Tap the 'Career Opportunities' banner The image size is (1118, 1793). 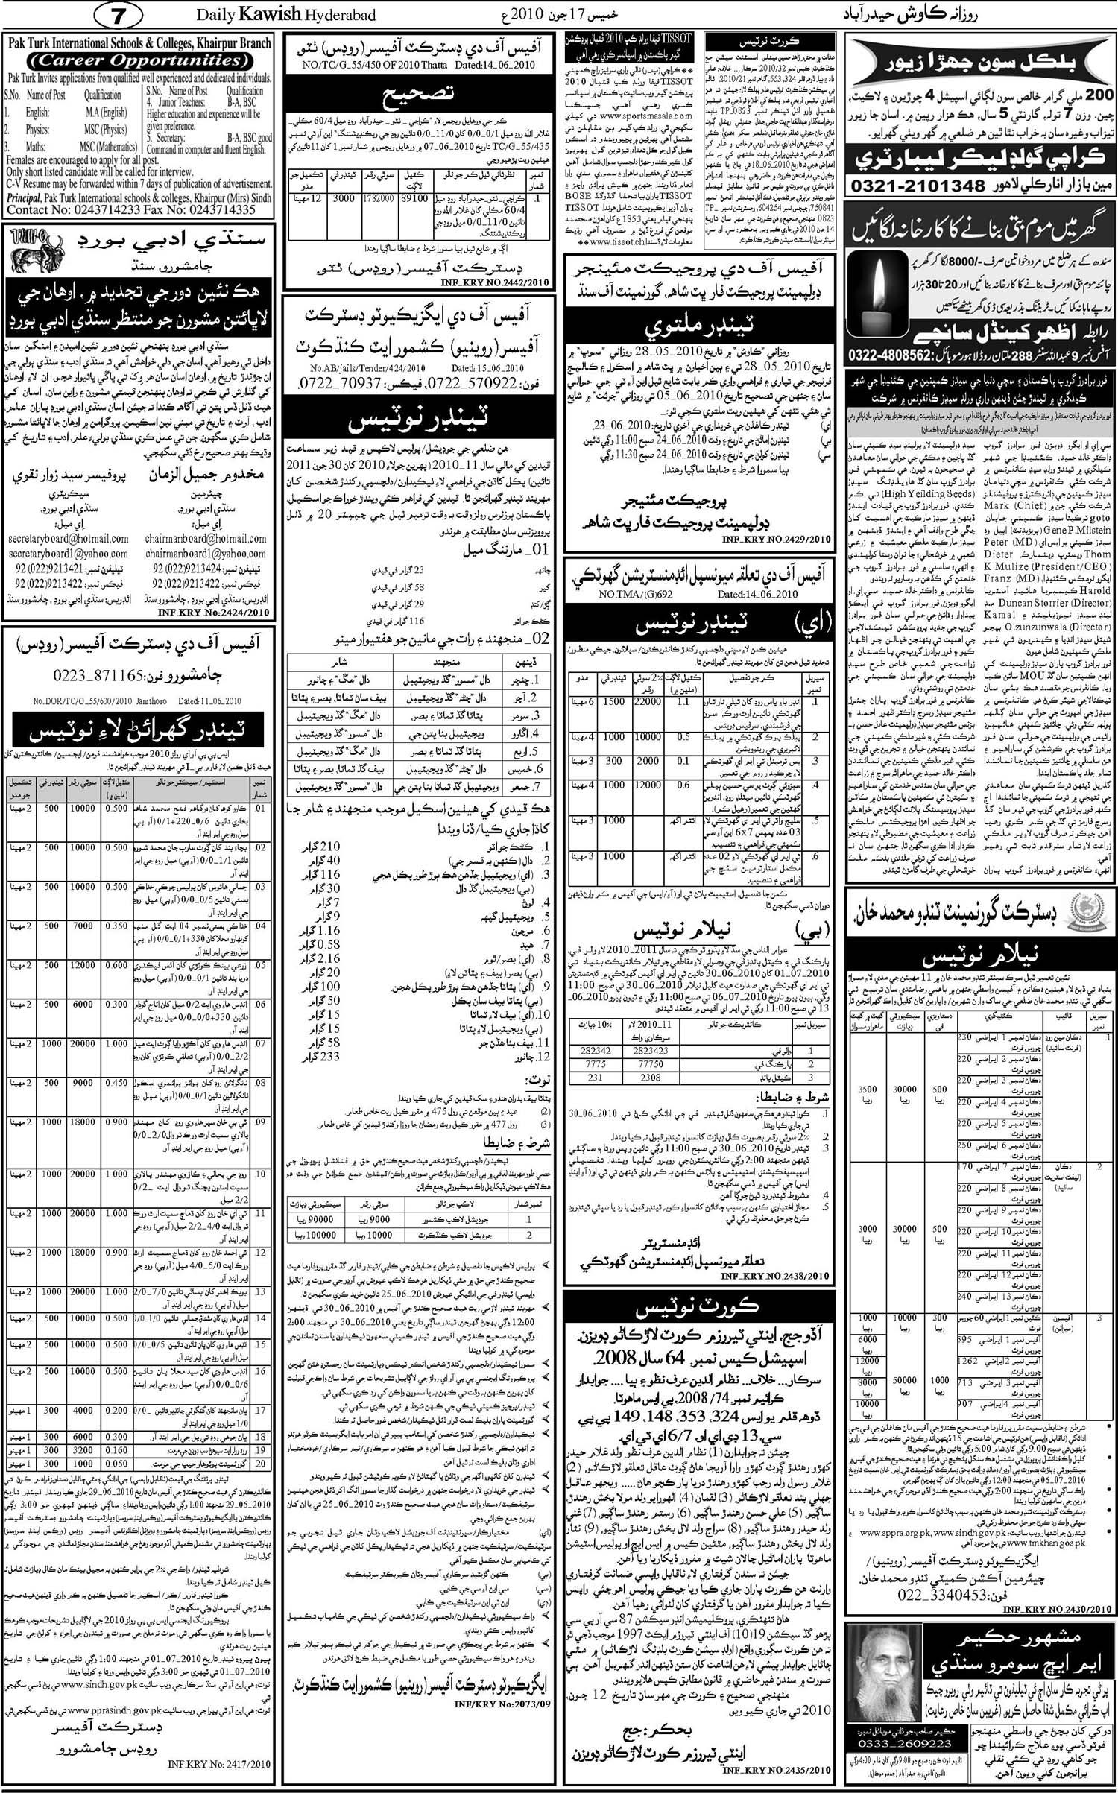tap(138, 60)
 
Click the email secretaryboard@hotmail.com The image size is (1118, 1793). tap(68, 538)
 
